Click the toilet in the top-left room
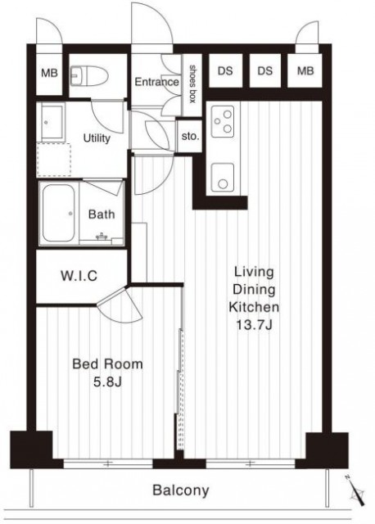click(x=89, y=76)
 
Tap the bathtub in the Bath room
click(x=58, y=213)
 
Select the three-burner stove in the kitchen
click(x=223, y=122)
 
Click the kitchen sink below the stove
click(x=223, y=177)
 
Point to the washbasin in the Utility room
click(x=52, y=122)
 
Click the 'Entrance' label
click(x=156, y=82)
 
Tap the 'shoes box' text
click(x=193, y=84)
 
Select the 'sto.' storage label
click(x=190, y=137)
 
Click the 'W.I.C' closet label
click(x=79, y=276)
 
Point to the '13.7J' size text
click(x=254, y=325)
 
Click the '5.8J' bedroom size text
click(x=107, y=382)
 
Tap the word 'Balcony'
click(x=181, y=490)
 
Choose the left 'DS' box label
click(x=225, y=71)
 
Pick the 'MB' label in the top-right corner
click(x=305, y=71)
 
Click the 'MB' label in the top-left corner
click(x=49, y=73)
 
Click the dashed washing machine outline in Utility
click(x=53, y=160)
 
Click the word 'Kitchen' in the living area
click(x=254, y=307)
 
